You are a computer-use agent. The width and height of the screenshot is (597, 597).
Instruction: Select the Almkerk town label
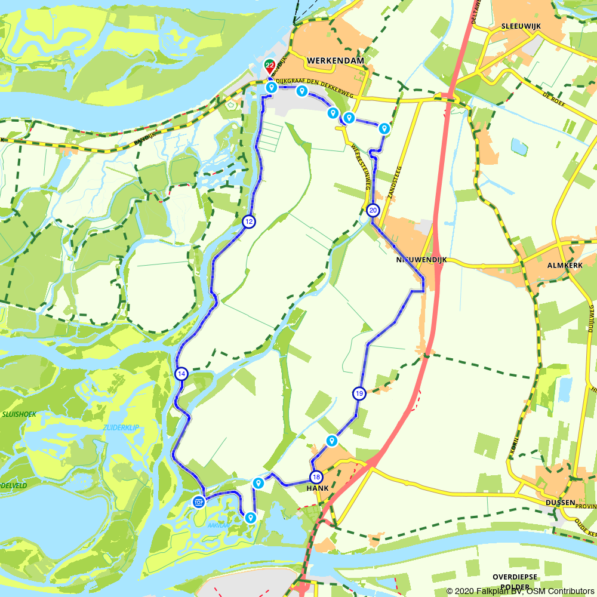(564, 264)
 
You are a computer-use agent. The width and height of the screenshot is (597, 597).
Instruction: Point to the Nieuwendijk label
(421, 261)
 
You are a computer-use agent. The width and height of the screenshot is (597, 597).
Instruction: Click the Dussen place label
(560, 503)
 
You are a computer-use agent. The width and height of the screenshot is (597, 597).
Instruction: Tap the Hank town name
(318, 488)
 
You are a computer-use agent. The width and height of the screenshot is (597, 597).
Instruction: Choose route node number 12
(248, 221)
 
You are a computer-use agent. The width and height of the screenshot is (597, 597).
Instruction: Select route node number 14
(181, 374)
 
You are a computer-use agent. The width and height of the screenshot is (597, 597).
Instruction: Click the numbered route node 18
(316, 476)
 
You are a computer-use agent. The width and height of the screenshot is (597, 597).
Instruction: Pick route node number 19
(359, 393)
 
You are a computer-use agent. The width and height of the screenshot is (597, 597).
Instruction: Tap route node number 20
(373, 210)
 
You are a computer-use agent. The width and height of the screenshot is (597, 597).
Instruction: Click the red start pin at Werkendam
(270, 66)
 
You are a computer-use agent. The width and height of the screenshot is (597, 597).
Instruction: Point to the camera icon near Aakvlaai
(199, 501)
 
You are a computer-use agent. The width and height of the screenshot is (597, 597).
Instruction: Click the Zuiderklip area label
(121, 428)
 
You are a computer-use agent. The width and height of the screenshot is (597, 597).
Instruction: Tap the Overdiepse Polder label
(516, 581)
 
